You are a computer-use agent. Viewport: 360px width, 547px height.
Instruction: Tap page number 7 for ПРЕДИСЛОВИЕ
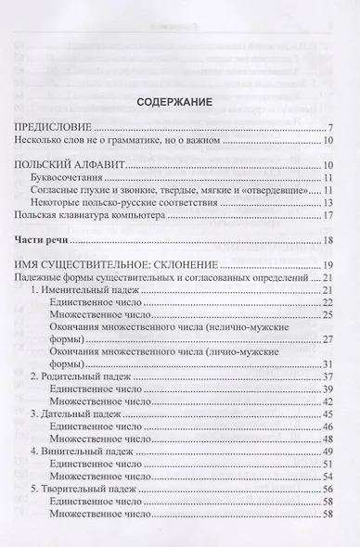[x=330, y=128]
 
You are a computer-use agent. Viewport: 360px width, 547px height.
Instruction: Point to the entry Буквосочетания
[x=71, y=180]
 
